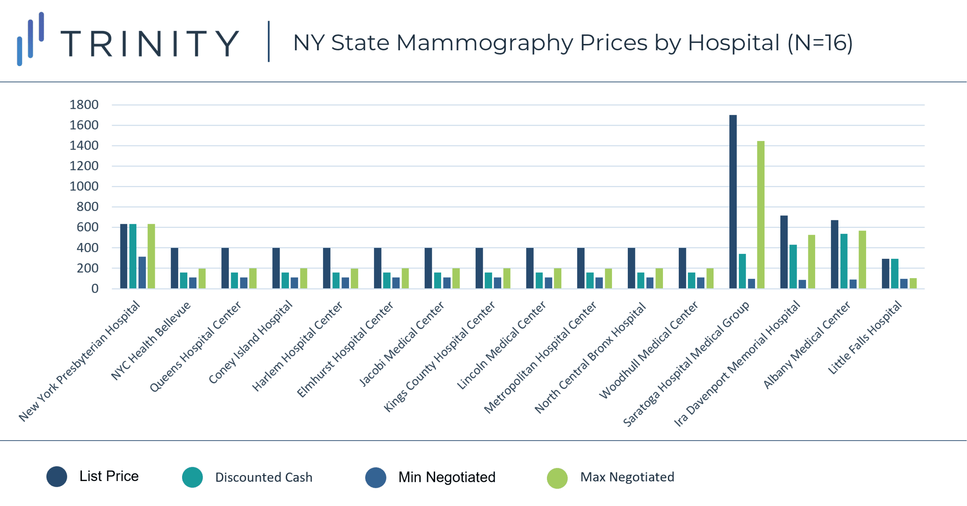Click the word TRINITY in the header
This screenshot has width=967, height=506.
click(x=150, y=44)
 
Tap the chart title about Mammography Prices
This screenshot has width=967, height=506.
click(x=572, y=43)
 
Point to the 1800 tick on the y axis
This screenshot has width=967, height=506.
click(x=84, y=105)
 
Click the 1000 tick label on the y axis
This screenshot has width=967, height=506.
click(x=84, y=186)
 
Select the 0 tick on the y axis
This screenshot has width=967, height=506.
click(x=95, y=289)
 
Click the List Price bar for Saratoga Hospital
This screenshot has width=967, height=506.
click(x=733, y=202)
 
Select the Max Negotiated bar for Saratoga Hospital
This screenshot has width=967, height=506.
click(x=761, y=215)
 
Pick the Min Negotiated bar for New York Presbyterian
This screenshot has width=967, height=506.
click(x=142, y=273)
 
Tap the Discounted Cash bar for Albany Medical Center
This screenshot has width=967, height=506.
click(x=844, y=261)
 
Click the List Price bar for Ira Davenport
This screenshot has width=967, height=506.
click(x=784, y=252)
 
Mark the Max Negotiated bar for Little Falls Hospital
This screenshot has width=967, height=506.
click(x=913, y=283)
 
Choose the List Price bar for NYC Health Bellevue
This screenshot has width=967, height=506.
click(x=175, y=268)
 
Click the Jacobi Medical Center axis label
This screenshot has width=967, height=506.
click(x=402, y=344)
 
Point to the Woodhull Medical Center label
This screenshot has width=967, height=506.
click(x=649, y=350)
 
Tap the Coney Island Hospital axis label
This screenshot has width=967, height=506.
click(x=250, y=342)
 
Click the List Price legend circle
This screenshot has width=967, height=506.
click(x=57, y=477)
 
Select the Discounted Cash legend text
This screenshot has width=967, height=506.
click(x=264, y=477)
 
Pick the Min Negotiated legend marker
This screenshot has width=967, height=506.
click(x=376, y=478)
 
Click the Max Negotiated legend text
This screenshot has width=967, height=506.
click(x=627, y=477)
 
